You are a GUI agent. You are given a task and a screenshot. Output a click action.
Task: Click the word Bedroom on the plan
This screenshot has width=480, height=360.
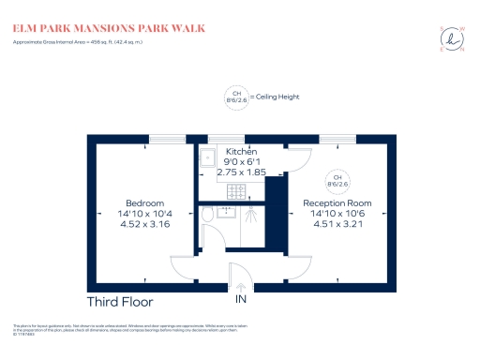pos(145,203)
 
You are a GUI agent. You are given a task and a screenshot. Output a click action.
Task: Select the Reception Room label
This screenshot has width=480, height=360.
pos(337,203)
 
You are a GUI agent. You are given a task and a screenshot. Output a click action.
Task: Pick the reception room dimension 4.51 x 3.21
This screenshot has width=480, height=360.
pos(337,224)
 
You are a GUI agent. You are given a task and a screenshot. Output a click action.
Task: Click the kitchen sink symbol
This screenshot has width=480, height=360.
pos(208,157)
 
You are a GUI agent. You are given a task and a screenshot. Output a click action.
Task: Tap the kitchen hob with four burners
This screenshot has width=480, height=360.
pos(236,192)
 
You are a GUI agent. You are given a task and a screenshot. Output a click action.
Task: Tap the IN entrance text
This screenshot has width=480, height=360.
pos(241,300)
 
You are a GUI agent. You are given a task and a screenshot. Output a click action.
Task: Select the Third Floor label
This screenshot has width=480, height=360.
pos(120,302)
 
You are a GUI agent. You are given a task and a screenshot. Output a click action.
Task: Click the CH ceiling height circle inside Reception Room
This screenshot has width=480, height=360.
pos(335,181)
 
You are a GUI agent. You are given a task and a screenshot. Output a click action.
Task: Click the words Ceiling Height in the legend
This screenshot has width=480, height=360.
pos(276,95)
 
